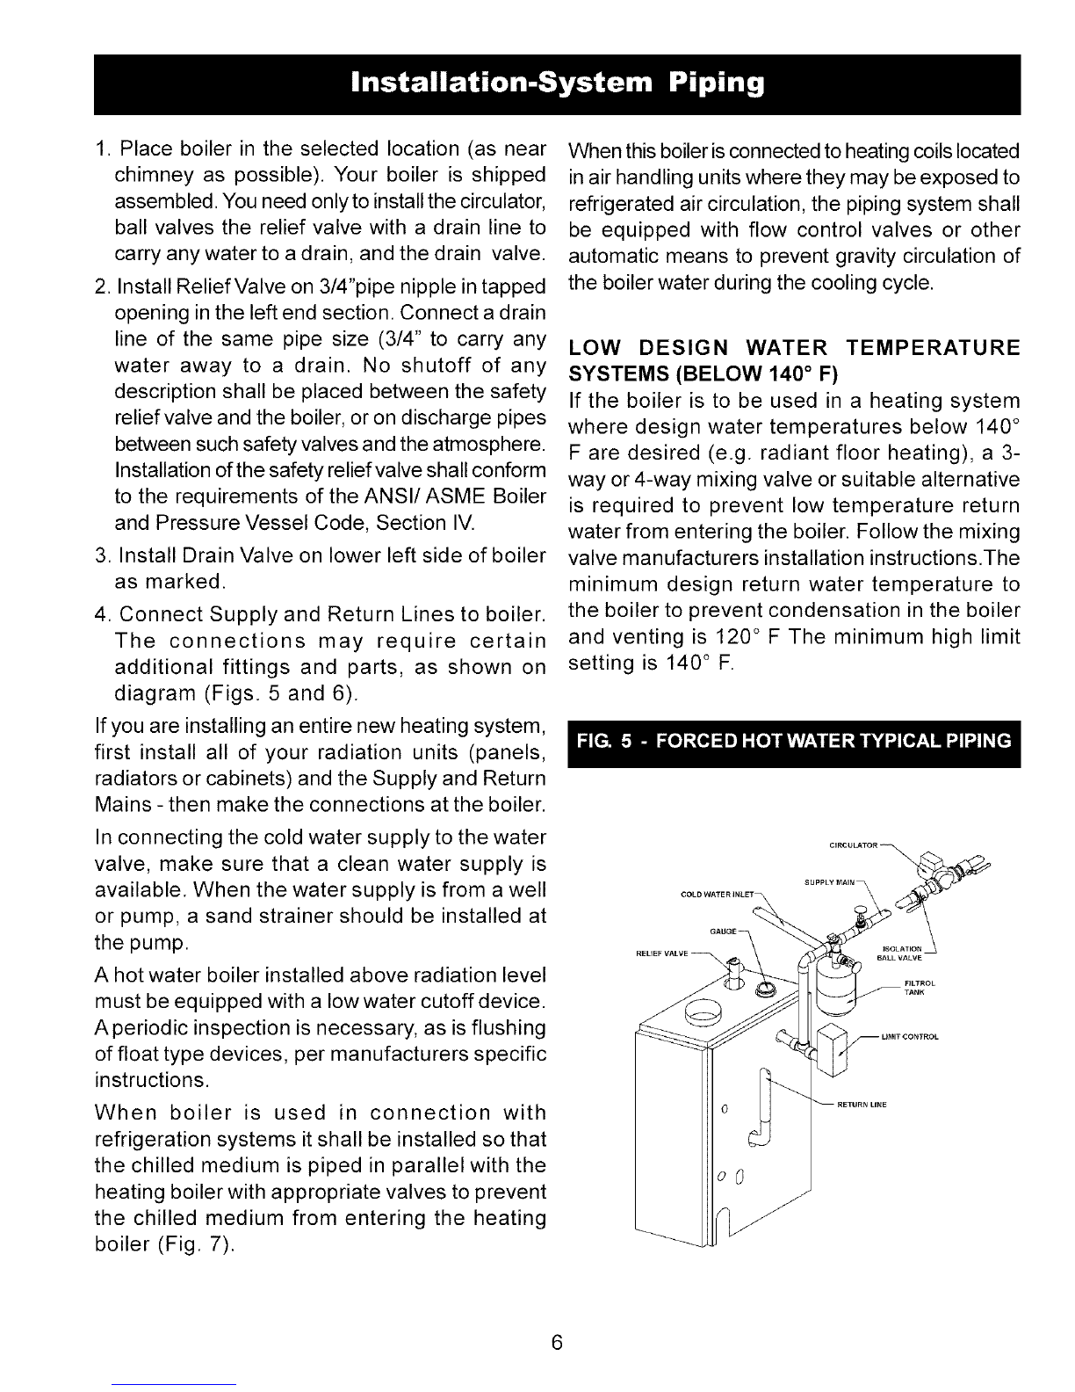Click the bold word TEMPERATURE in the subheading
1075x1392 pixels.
click(x=941, y=348)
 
